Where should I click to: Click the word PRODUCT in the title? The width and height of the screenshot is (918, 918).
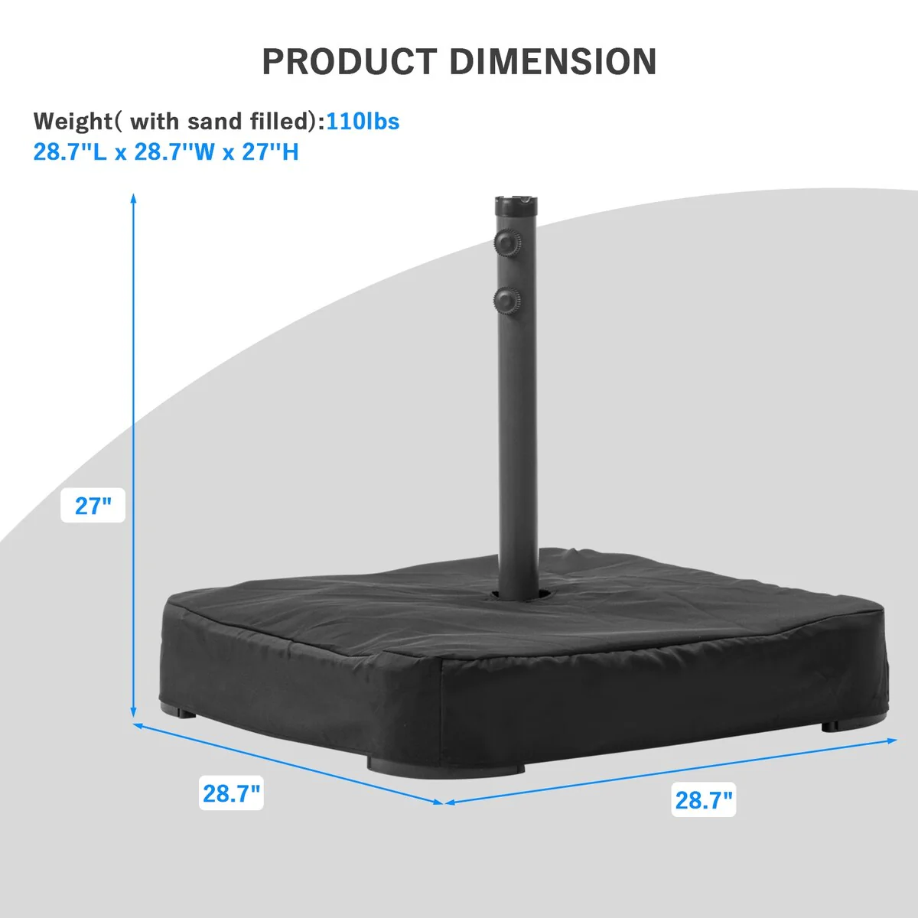point(350,61)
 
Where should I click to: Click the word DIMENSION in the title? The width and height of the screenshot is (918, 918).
point(553,61)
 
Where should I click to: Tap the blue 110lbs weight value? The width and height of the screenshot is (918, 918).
point(363,121)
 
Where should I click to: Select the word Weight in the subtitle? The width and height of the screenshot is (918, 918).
point(73,122)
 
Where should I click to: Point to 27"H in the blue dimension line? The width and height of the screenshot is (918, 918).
point(270,152)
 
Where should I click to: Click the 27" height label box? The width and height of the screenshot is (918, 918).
point(93,505)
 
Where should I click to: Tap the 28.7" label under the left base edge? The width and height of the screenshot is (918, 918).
point(232,793)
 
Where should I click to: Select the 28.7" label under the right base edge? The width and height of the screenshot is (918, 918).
point(704,799)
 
